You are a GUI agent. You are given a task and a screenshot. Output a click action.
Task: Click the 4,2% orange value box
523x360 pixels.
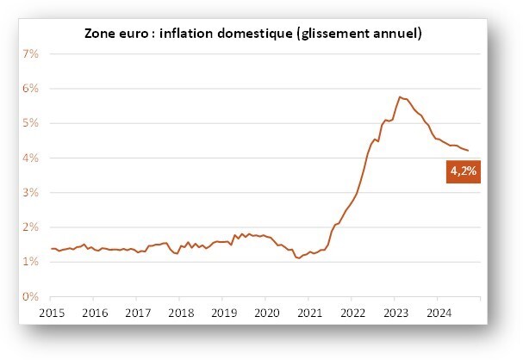tap(464, 171)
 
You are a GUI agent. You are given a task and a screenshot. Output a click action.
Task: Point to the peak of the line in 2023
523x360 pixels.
tap(400, 97)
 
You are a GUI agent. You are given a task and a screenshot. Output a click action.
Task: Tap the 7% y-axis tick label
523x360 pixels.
tap(31, 53)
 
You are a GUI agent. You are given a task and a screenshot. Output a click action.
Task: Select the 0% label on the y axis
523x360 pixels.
tap(31, 296)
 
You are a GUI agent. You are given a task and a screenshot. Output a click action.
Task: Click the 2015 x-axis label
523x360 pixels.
tap(52, 313)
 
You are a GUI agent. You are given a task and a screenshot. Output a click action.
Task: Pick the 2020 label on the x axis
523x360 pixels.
tap(267, 313)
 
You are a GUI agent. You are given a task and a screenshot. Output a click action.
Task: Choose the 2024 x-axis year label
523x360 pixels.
tap(439, 313)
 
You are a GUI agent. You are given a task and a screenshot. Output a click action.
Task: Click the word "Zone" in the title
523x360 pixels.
tap(98, 34)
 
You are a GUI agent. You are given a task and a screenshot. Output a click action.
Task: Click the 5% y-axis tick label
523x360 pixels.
tap(31, 123)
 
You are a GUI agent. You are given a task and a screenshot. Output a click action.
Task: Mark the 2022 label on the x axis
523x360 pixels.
tap(353, 313)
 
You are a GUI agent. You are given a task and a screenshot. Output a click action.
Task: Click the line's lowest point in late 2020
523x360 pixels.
tap(299, 258)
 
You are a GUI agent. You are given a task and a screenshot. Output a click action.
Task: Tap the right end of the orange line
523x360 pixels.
tap(469, 151)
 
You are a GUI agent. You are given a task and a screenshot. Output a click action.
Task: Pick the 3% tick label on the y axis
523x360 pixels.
tap(31, 192)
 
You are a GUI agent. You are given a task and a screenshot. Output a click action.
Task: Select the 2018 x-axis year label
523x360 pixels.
tap(181, 313)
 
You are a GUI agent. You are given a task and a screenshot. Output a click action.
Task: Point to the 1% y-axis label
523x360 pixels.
tap(31, 262)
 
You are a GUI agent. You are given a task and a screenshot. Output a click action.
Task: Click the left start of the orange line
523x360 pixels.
tap(51, 249)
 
